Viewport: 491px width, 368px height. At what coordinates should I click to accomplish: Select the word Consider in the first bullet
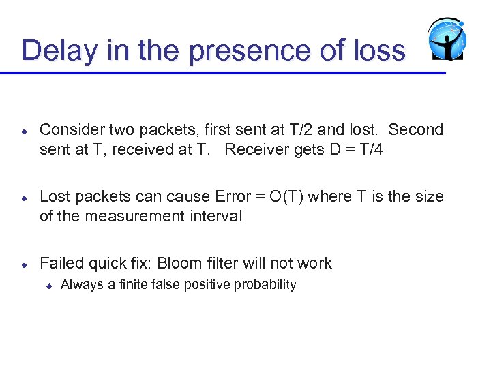[x=69, y=129]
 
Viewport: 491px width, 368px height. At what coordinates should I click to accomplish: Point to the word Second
[x=416, y=129]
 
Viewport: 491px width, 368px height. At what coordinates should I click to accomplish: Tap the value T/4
[x=368, y=149]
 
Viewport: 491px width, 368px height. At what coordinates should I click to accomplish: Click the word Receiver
[x=256, y=149]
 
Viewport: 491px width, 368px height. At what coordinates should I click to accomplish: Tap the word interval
[x=218, y=217]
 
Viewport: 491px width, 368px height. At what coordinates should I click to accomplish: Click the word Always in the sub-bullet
[x=78, y=285]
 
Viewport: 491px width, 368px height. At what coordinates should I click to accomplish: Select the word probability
[x=265, y=285]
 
